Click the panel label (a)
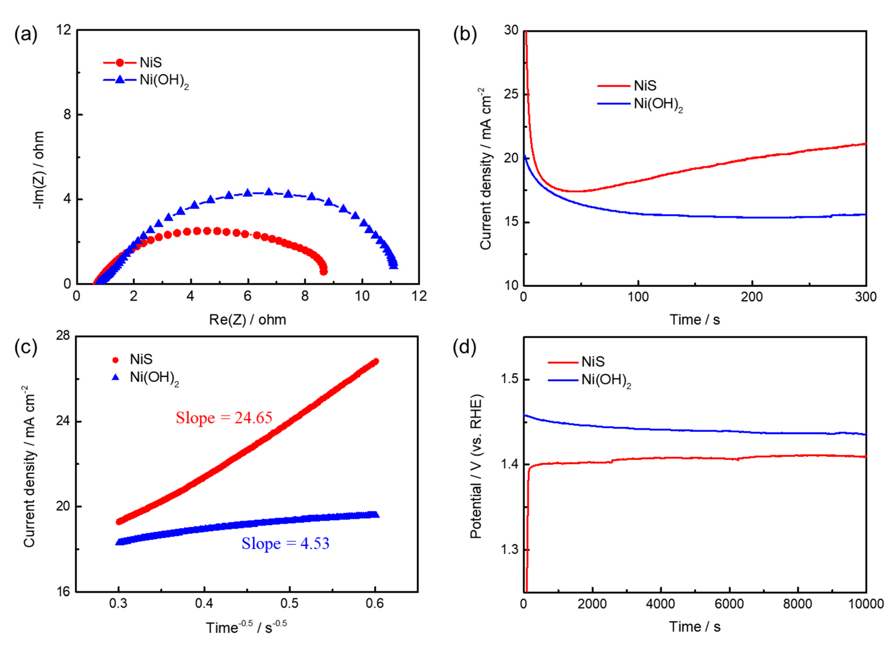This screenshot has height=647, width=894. [x=26, y=35]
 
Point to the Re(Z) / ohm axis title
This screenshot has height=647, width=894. [x=248, y=319]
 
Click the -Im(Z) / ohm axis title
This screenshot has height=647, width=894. [x=39, y=170]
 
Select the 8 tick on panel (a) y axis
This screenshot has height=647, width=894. [x=67, y=115]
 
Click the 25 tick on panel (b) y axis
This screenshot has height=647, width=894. [x=511, y=95]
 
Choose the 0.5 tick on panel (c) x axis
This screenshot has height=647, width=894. [x=289, y=603]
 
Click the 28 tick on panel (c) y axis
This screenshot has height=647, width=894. [x=63, y=336]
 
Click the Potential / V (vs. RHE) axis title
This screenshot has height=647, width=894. [x=476, y=466]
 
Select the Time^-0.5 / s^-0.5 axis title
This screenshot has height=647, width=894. [x=246, y=627]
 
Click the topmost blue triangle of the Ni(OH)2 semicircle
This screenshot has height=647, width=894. [x=269, y=192]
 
